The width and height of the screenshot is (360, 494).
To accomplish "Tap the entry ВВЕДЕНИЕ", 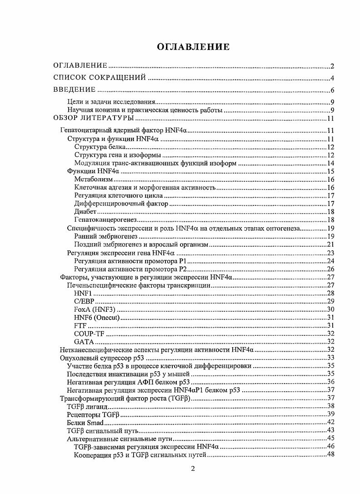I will tap(74, 90).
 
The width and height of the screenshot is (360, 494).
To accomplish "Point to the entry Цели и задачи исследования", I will tap(111, 102).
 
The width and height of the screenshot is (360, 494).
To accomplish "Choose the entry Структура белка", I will tap(100, 147).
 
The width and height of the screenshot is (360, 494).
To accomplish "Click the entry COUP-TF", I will tap(86, 334).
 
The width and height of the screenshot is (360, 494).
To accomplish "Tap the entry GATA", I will tap(84, 342).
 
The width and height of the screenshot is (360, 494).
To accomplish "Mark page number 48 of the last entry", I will tap(330, 455).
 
